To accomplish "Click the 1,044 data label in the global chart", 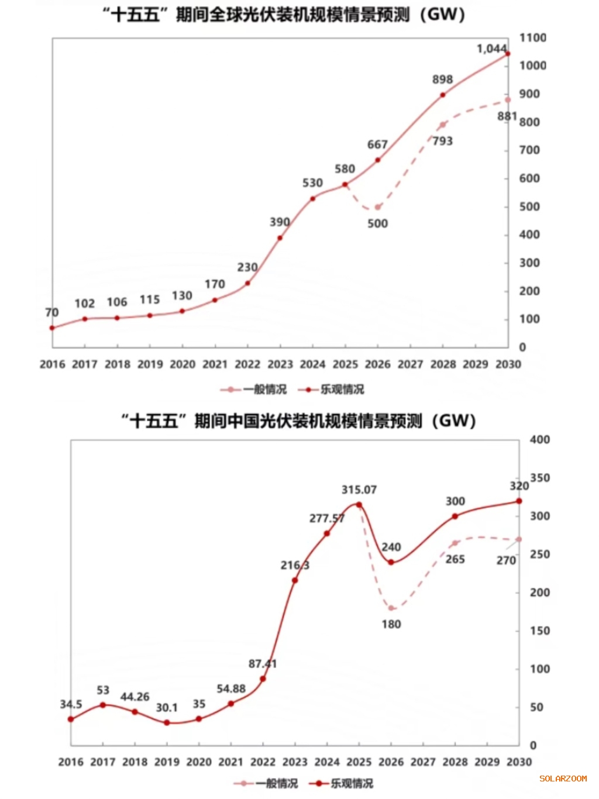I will pyautogui.click(x=491, y=49).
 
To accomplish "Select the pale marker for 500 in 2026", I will pyautogui.click(x=377, y=207).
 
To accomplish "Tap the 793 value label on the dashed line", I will pyautogui.click(x=442, y=141).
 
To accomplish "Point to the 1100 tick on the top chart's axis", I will pyautogui.click(x=532, y=37).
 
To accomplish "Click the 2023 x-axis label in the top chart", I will pyautogui.click(x=280, y=364).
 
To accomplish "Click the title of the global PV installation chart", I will pyautogui.click(x=284, y=14).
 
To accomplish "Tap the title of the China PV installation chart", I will pyautogui.click(x=298, y=421).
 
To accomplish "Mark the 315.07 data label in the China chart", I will pyautogui.click(x=359, y=490).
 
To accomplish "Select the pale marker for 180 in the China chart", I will pyautogui.click(x=391, y=608).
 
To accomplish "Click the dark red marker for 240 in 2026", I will pyautogui.click(x=391, y=562).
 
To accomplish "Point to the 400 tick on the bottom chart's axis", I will pyautogui.click(x=539, y=439).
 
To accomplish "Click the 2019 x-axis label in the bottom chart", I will pyautogui.click(x=167, y=762).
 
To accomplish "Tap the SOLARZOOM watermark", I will pyautogui.click(x=563, y=779).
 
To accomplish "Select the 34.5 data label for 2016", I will pyautogui.click(x=71, y=704).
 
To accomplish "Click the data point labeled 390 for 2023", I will pyautogui.click(x=280, y=237).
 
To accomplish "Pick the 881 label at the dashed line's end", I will pyautogui.click(x=507, y=116).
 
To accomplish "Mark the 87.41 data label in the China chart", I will pyautogui.click(x=263, y=664).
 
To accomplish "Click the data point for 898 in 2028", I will pyautogui.click(x=442, y=95).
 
